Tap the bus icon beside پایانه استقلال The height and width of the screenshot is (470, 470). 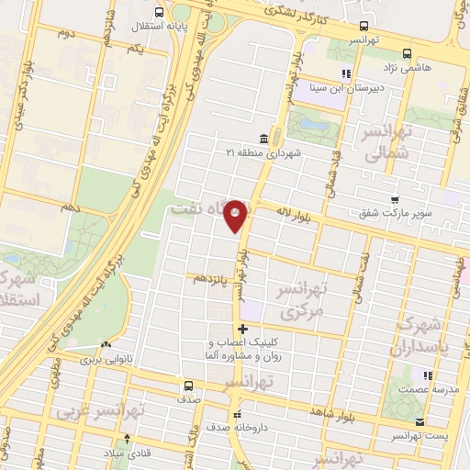point(161,13)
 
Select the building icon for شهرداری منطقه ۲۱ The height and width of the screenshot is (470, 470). point(263,139)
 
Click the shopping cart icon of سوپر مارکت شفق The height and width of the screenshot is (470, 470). point(395,200)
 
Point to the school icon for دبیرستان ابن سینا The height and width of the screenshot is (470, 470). point(345,73)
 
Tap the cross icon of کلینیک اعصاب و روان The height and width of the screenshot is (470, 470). point(242,330)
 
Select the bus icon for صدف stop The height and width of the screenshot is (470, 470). point(187,386)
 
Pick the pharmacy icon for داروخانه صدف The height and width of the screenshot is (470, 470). point(238,413)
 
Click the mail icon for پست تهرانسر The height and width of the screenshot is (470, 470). point(420,422)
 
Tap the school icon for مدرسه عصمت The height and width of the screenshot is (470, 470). point(426,375)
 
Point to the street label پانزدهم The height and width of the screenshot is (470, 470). point(207,277)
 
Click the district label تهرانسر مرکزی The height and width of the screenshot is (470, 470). point(303,299)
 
